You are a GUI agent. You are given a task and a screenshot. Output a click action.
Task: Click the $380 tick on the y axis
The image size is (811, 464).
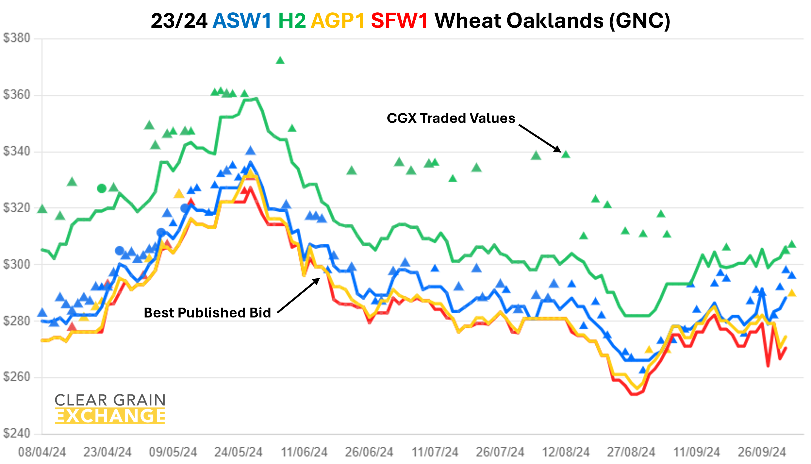(x=16, y=38)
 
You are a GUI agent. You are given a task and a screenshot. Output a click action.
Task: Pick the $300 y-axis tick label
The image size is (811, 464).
(x=16, y=264)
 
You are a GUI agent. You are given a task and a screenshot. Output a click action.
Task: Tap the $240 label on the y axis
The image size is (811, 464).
(x=16, y=434)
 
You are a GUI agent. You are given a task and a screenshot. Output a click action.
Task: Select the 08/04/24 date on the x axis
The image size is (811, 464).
(x=42, y=452)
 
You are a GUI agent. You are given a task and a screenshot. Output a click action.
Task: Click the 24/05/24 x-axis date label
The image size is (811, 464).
(x=238, y=452)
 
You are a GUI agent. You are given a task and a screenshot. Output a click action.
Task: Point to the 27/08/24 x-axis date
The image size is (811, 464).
(x=631, y=452)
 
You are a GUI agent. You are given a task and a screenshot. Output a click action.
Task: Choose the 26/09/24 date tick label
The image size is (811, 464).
(x=762, y=452)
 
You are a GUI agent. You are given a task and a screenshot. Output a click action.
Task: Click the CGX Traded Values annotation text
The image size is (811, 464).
(x=451, y=118)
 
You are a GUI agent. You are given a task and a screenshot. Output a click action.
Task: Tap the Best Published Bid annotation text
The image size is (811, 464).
(x=207, y=313)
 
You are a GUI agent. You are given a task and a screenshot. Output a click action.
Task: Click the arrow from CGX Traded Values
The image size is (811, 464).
(x=540, y=138)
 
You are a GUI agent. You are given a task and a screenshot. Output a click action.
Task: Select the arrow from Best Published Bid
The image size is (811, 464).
(x=299, y=295)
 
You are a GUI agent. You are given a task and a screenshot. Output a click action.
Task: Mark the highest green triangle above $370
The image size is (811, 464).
(x=280, y=60)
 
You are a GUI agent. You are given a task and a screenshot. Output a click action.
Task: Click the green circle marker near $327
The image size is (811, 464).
(x=102, y=189)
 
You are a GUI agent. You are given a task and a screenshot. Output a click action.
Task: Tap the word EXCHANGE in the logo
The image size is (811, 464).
(x=110, y=416)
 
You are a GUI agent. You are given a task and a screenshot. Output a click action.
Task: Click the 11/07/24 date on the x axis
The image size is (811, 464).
(x=435, y=452)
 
